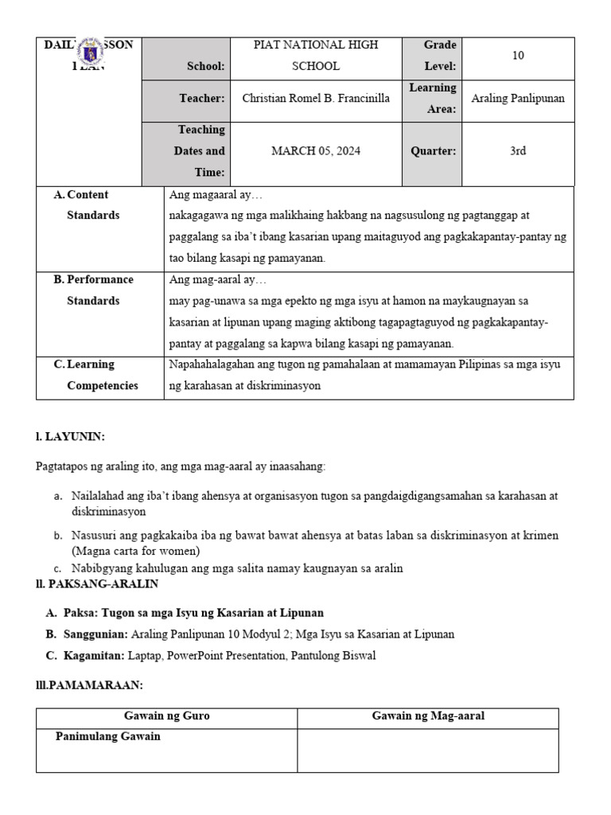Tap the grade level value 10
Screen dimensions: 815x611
518,56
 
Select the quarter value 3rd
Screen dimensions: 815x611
518,151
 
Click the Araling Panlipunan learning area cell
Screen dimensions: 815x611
518,99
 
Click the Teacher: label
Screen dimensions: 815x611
202,99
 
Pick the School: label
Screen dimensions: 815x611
206,67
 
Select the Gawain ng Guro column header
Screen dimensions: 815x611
166,716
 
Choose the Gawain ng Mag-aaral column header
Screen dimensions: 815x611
428,716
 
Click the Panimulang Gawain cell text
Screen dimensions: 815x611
107,737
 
